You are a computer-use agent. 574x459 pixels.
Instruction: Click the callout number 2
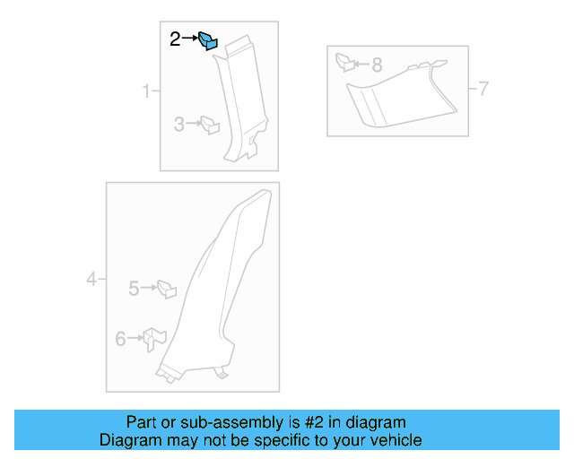[176, 39]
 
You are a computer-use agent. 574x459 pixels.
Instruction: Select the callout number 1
[145, 91]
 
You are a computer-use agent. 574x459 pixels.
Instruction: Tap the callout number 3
[179, 126]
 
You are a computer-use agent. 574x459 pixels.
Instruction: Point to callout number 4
[91, 280]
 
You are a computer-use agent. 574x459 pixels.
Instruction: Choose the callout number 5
[134, 289]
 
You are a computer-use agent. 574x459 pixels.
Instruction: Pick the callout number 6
[121, 339]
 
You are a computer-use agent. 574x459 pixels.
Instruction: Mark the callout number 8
[377, 65]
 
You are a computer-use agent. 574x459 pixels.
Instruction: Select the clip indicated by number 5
[166, 290]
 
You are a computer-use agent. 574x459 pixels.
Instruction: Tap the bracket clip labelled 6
[155, 339]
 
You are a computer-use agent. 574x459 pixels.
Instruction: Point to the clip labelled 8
[345, 63]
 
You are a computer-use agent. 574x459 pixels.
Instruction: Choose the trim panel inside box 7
[395, 94]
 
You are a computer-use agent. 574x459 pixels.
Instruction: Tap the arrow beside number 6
[135, 339]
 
